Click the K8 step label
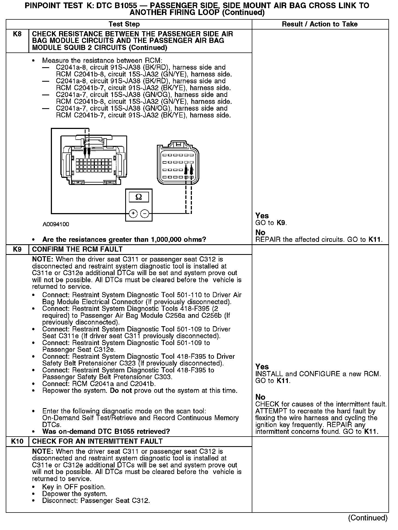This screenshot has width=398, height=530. click(17, 34)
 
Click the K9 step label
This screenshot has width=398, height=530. click(17, 249)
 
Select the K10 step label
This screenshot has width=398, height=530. click(17, 441)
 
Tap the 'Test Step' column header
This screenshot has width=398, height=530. click(124, 24)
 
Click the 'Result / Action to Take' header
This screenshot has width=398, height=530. click(320, 24)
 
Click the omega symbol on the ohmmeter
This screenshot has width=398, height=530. click(139, 197)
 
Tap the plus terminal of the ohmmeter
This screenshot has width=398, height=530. click(133, 213)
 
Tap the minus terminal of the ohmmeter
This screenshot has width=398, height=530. click(145, 213)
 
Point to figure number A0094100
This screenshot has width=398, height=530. click(56, 224)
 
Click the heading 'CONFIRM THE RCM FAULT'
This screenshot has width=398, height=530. click(77, 249)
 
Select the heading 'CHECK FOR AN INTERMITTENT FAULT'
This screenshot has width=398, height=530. click(97, 441)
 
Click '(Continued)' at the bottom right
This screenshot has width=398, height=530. click(368, 518)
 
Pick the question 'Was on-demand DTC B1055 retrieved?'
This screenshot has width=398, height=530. click(106, 431)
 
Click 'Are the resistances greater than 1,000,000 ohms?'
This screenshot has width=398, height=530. click(124, 240)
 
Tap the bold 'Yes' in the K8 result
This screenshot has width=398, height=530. click(262, 216)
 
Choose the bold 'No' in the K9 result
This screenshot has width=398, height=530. click(260, 397)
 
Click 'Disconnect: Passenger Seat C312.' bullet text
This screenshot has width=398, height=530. click(96, 501)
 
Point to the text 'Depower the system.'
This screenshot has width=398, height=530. click(75, 494)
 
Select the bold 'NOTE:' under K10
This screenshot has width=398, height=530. click(43, 452)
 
